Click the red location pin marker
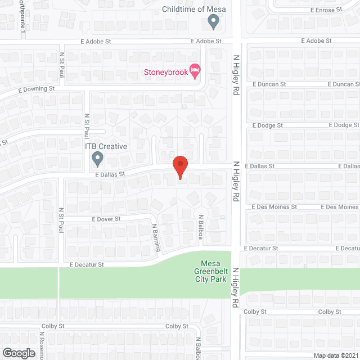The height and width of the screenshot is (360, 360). click(179, 168)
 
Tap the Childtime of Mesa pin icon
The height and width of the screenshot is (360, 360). click(213, 22)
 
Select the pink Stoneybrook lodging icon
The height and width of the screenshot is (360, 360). click(195, 71)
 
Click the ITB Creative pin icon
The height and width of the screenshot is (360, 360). click(97, 159)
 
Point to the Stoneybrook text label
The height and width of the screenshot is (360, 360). click(166, 72)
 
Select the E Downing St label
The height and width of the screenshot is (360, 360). click(36, 89)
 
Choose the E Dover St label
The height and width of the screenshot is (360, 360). click(106, 219)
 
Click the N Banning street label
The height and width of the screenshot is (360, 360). click(157, 237)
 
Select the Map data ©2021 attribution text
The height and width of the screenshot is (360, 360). click(335, 355)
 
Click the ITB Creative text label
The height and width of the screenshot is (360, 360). click(106, 146)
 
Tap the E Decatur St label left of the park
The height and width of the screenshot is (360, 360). click(87, 264)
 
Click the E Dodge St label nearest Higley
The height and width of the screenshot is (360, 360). click(267, 125)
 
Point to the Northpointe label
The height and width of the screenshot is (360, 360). click(23, 14)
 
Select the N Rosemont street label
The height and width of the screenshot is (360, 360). click(42, 345)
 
